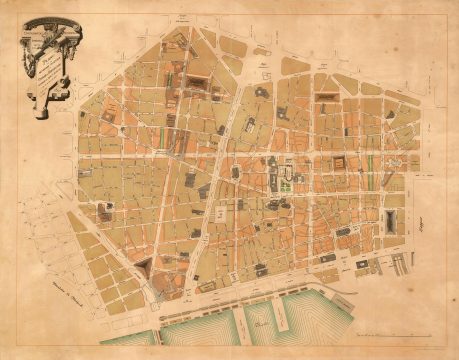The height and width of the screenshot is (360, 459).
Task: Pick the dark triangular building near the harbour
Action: point(146,267)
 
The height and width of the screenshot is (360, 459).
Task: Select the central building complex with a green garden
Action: point(286,178)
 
